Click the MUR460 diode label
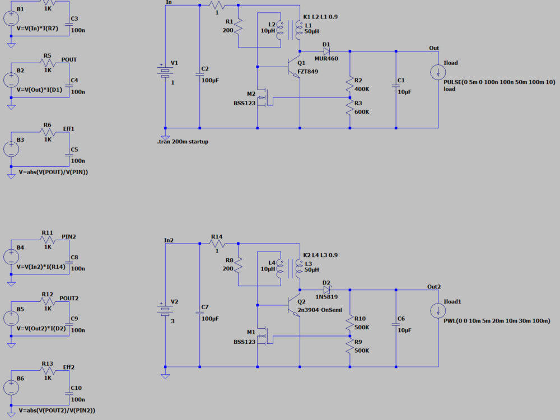[x=326, y=58]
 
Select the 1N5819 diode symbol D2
[x=326, y=290]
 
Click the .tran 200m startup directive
[x=183, y=142]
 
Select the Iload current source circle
[x=438, y=72]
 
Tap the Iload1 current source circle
[x=438, y=311]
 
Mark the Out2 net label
[x=434, y=286]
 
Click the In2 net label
[x=169, y=240]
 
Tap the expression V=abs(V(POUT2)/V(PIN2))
[x=57, y=410]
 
